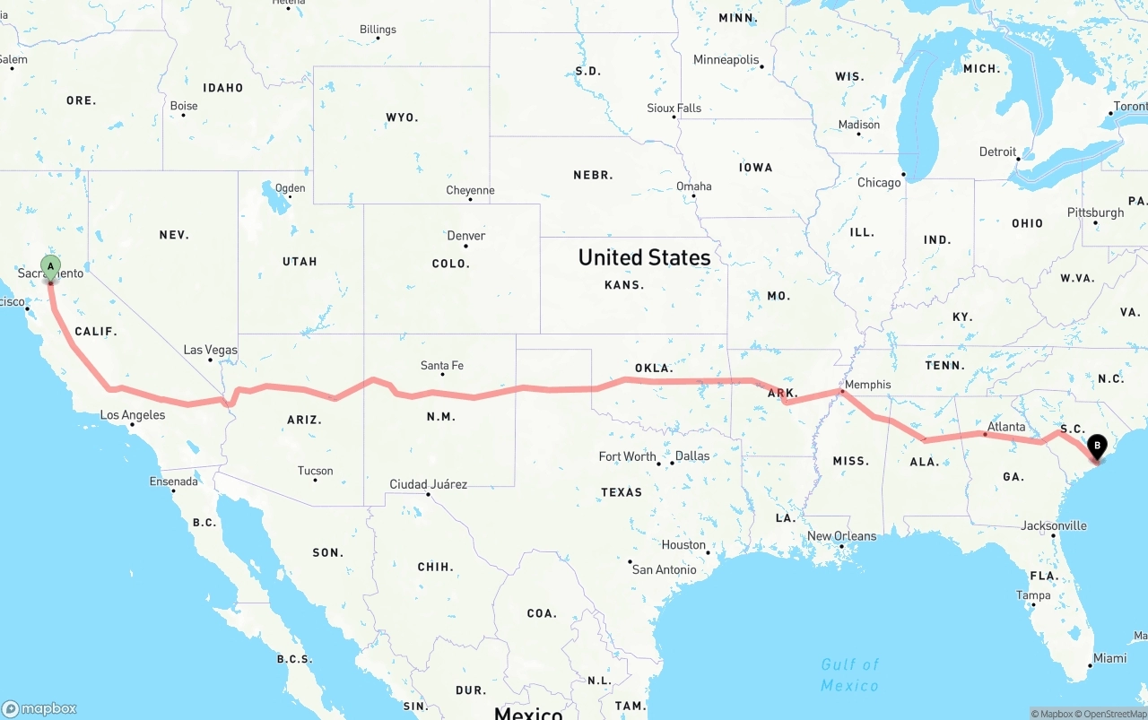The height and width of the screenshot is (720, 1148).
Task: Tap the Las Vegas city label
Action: pyautogui.click(x=210, y=350)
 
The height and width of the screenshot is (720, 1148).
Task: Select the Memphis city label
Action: pyautogui.click(x=867, y=385)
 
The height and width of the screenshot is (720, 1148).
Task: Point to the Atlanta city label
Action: pyautogui.click(x=1005, y=427)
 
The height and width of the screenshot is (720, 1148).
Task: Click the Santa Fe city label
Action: pyautogui.click(x=441, y=365)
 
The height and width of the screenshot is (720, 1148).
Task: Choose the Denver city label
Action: pyautogui.click(x=465, y=236)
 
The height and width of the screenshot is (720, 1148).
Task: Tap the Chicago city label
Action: pyautogui.click(x=879, y=182)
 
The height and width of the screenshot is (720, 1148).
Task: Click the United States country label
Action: pyautogui.click(x=644, y=257)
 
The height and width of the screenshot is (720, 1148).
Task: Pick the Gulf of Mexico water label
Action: pyautogui.click(x=849, y=674)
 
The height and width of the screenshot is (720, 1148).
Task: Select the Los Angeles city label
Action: pyautogui.click(x=133, y=415)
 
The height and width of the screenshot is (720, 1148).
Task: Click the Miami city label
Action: pyautogui.click(x=1109, y=658)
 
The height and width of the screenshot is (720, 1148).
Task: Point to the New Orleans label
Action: pyautogui.click(x=841, y=536)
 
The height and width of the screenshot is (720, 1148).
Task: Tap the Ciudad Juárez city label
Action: pyautogui.click(x=428, y=484)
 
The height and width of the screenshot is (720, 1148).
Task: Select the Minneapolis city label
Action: pyautogui.click(x=726, y=60)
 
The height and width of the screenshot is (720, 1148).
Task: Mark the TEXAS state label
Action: pyautogui.click(x=622, y=491)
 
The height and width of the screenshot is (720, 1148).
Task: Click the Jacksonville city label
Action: pyautogui.click(x=1053, y=525)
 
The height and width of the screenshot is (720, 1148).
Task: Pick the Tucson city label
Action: pyautogui.click(x=315, y=471)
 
